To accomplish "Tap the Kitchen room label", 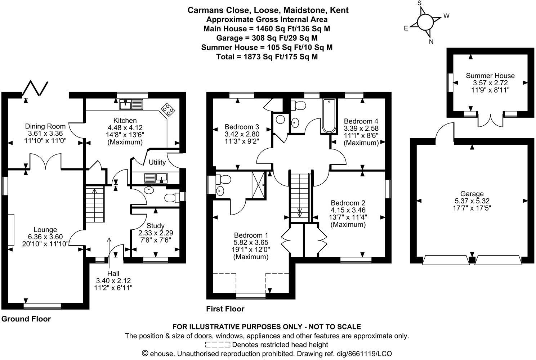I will (x=125, y=121).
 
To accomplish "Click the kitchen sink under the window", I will (x=131, y=105).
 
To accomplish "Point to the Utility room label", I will (x=157, y=162).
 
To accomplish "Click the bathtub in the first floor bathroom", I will (x=329, y=116).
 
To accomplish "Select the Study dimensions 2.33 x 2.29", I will (x=156, y=233).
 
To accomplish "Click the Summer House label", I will (x=490, y=76).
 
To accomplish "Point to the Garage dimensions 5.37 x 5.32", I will (x=472, y=201).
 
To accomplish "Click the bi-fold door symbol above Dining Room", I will (x=36, y=87).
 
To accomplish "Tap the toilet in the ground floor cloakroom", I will (x=172, y=197).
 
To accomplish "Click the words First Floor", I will (x=225, y=309).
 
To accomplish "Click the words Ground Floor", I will (x=26, y=319).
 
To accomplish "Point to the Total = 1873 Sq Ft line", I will (x=267, y=57).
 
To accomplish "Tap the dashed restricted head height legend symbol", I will (x=218, y=345).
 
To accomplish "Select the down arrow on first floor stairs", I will (x=299, y=212).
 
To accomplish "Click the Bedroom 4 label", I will (x=361, y=121).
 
